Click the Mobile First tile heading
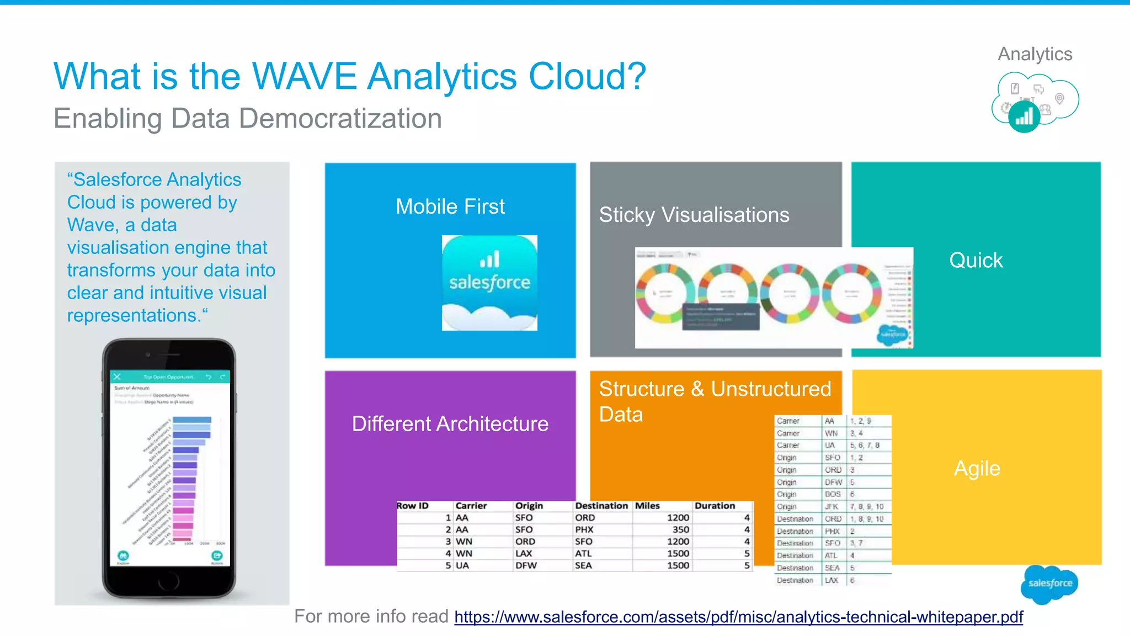[450, 207]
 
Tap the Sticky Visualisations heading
[694, 215]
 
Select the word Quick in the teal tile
[976, 260]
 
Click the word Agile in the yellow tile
[977, 469]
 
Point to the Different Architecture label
[450, 424]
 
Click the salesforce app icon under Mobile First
[489, 283]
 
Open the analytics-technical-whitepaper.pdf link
[738, 617]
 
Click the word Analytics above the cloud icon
[1035, 54]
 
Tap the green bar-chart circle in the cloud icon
[1024, 116]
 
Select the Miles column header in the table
[647, 506]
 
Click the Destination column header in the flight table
[601, 506]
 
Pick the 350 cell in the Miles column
[680, 529]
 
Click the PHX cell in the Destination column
[584, 529]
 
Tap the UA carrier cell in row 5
[462, 565]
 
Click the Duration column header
[715, 506]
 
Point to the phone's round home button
[169, 581]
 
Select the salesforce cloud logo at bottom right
[1049, 584]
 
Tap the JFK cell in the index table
[831, 507]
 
